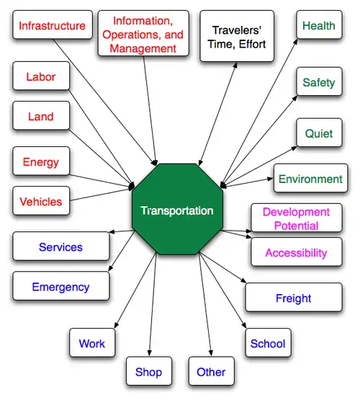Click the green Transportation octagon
177,209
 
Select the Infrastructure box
53,25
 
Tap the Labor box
41,76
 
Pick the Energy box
41,161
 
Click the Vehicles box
41,201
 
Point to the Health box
319,25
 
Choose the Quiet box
319,133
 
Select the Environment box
311,178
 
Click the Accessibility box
297,252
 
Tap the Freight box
294,297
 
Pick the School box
268,342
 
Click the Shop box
149,371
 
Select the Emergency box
61,285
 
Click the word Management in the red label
143,48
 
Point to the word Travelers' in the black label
237,30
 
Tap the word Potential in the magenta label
297,226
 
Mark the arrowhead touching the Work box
116,325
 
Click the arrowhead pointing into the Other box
211,353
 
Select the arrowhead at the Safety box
295,98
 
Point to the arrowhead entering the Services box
112,231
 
